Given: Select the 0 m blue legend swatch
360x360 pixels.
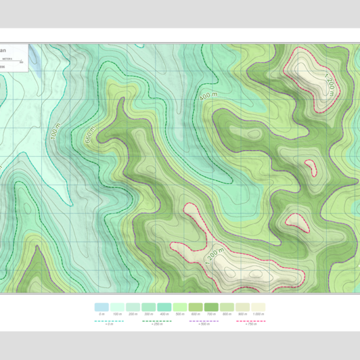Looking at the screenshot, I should click(102, 308).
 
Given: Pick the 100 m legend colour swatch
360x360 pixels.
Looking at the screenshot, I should click(117, 308).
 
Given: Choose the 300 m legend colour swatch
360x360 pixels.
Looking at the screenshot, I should click(148, 308).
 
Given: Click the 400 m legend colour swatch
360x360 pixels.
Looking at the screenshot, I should click(164, 308).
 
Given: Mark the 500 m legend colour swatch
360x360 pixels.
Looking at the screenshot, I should click(180, 308).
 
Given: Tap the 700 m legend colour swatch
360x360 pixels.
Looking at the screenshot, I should click(211, 308).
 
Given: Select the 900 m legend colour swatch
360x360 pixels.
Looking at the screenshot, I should click(242, 308).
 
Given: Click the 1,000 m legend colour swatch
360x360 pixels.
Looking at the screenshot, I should click(258, 308).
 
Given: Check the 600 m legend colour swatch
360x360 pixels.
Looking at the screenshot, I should click(195, 308).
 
